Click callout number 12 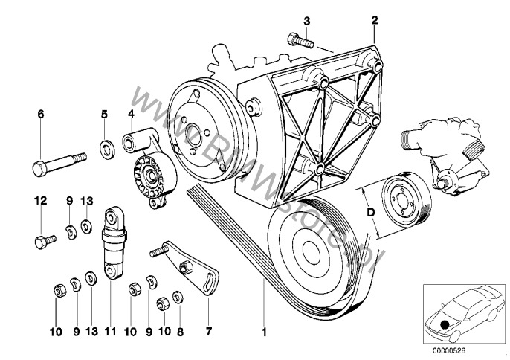(x=41, y=200)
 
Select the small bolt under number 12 (x=45, y=240)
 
